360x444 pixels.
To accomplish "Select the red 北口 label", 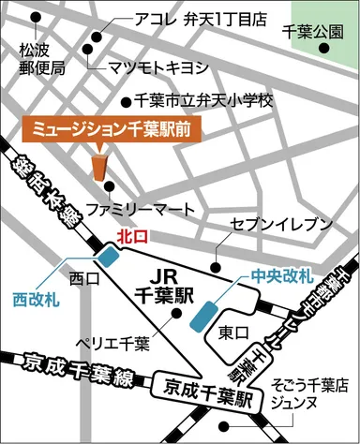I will pos(132,237).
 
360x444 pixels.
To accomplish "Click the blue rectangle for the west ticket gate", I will pos(109,254).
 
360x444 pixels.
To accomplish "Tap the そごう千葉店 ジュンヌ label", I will pos(308,392).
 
